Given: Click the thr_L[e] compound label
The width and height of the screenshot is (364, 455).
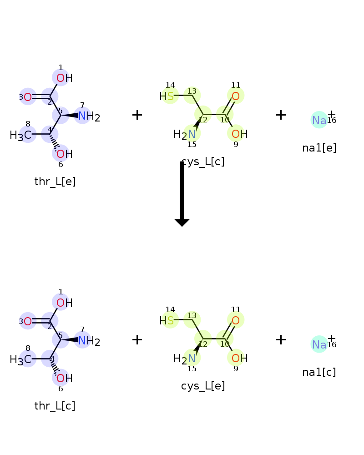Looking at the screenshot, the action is [55, 182].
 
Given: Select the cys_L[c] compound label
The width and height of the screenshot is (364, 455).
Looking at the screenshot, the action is [202, 162].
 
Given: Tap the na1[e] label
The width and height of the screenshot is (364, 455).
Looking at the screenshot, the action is [319, 148].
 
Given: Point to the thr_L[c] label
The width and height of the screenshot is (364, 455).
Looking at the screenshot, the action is [55, 406].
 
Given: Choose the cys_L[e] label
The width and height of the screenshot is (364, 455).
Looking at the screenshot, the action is [203, 386].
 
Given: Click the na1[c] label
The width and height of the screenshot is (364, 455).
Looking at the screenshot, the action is [319, 372].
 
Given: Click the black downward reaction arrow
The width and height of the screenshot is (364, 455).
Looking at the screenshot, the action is [182, 194].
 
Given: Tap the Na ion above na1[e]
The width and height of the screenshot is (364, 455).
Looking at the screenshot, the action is [319, 120].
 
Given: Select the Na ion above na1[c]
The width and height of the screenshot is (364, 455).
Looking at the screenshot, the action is [319, 344].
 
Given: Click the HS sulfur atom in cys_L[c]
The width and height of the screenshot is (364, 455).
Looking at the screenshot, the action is [167, 96].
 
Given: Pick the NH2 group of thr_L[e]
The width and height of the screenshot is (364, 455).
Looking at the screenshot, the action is [89, 116].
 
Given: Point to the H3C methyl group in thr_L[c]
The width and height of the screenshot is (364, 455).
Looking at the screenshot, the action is [20, 360].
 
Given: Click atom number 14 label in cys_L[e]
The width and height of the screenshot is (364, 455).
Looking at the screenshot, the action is [170, 309].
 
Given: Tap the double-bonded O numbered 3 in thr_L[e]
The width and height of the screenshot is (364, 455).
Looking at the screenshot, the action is [28, 97].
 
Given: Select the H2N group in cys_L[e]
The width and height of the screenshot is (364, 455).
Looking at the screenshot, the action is [184, 359].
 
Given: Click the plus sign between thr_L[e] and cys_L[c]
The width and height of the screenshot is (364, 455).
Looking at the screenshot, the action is [137, 115].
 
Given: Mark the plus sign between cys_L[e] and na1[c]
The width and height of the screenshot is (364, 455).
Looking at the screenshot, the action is [281, 339].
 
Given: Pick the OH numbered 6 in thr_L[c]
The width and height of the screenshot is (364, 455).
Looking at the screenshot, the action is [65, 379].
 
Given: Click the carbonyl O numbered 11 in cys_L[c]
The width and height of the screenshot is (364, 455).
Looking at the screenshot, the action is [236, 96].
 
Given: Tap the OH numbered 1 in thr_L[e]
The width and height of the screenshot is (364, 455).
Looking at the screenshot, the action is [65, 78].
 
